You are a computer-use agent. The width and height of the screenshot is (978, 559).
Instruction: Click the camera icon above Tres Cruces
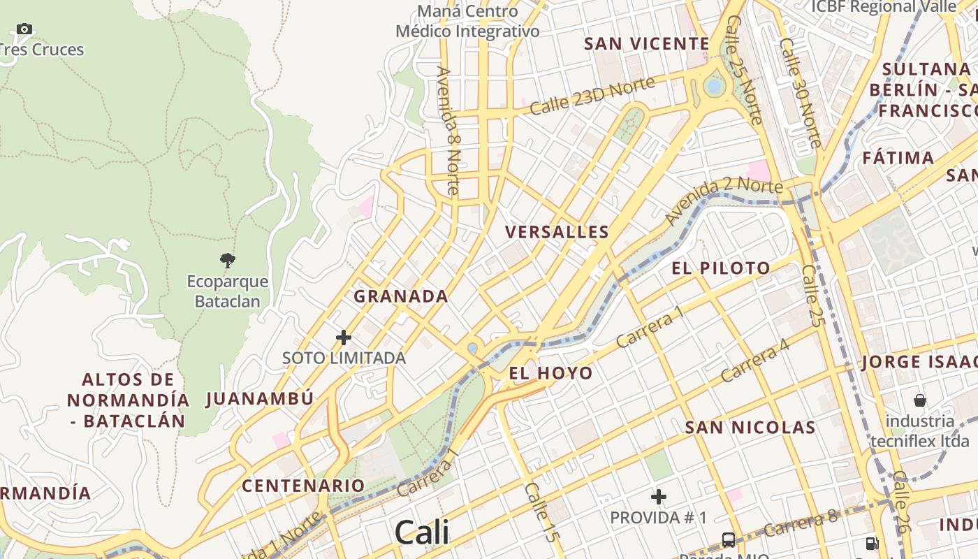point(24,29)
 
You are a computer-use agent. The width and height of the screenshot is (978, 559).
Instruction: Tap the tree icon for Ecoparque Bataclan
point(227,261)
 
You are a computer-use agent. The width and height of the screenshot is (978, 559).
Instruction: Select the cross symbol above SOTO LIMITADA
point(344,337)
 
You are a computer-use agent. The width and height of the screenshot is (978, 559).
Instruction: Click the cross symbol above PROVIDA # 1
point(658,497)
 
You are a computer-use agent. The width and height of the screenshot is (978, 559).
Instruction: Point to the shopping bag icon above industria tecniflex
point(920,400)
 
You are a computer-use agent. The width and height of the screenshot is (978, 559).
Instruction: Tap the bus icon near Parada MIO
point(729,539)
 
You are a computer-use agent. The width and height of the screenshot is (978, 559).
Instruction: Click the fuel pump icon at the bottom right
point(872,542)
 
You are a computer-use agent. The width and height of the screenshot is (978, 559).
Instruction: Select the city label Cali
point(421,533)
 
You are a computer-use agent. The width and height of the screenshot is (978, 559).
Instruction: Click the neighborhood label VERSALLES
point(557,232)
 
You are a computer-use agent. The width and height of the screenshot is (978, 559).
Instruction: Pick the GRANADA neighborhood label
point(401,296)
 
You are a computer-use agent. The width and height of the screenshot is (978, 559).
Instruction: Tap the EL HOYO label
point(550,373)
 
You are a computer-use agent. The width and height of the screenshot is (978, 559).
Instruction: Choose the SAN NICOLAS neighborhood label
point(750,428)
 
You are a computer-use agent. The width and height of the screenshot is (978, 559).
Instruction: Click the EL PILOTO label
point(721,268)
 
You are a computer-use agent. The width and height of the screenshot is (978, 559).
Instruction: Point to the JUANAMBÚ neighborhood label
point(260,399)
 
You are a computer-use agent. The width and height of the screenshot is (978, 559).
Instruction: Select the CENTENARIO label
point(303,486)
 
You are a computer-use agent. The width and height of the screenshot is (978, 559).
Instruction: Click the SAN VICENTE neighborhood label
point(647,44)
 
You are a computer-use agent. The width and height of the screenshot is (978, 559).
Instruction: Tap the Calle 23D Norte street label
point(592,96)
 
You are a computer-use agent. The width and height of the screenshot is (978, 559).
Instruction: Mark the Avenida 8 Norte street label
point(448,130)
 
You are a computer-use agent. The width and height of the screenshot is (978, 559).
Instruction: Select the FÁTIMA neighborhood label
point(898,158)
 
